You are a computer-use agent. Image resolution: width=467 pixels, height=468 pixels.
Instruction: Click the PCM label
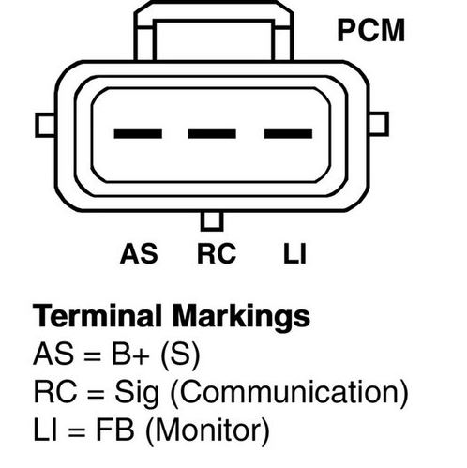coord(371,30)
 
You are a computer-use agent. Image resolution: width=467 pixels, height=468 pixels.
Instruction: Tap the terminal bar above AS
coord(138,134)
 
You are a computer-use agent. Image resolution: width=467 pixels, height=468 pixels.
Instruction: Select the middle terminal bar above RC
coord(212,134)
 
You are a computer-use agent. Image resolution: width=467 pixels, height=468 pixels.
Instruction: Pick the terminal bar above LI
coord(288,134)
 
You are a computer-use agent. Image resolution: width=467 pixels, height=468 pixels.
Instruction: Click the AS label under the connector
coord(139,253)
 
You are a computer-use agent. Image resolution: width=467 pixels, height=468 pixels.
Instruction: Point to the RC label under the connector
coord(217,253)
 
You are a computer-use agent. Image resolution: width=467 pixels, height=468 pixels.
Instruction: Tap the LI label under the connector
coord(294,253)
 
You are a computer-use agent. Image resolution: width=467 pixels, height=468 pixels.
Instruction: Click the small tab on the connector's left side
coord(45,125)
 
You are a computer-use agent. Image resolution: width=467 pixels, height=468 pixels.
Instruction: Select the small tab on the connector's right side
coord(379,124)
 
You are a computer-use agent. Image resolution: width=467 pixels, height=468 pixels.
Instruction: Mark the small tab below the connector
coord(212,221)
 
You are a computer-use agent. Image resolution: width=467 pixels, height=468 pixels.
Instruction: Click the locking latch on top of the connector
coord(214,31)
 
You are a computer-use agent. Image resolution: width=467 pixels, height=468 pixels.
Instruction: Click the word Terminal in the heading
coord(98,315)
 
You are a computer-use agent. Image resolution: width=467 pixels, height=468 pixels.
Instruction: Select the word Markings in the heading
coord(241,317)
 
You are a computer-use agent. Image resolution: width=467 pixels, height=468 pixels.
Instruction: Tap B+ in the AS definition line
coord(130,355)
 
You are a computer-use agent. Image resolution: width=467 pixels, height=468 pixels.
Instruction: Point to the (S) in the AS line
coord(180,355)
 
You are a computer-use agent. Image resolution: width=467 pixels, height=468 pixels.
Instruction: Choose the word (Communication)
coord(289,393)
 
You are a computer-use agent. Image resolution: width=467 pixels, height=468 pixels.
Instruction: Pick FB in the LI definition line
coord(115,430)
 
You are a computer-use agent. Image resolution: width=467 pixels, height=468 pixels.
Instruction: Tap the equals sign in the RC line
coord(96,395)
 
